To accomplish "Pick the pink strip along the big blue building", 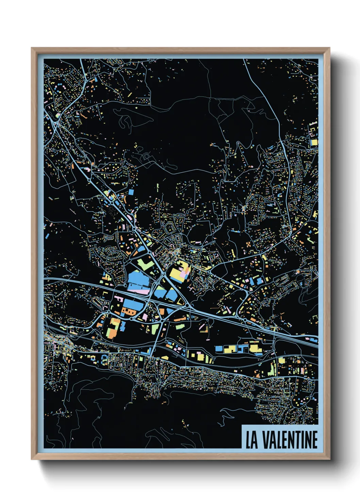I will [138, 291].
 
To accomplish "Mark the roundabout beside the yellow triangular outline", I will [187, 305].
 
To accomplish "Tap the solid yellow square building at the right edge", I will [313, 142].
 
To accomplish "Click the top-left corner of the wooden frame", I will [32, 48].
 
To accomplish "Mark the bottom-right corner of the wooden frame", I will [329, 459].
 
